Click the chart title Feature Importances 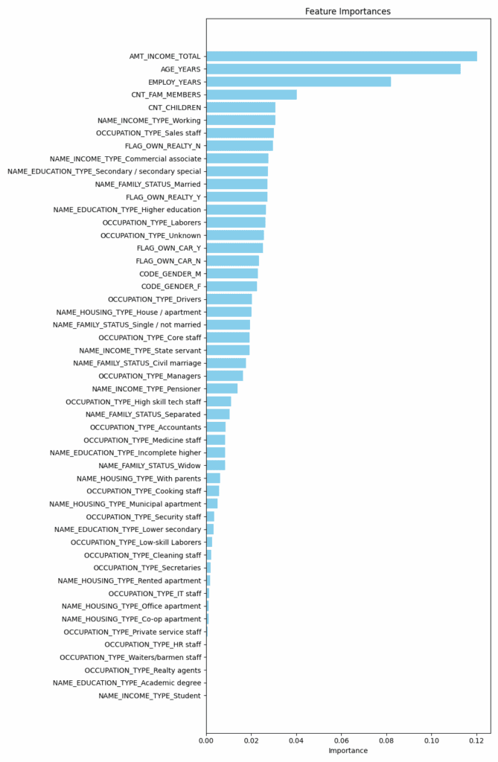coord(348,11)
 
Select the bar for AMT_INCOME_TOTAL coord(341,57)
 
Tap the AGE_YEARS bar coord(333,69)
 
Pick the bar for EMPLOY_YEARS coord(298,82)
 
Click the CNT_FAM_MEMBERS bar coord(251,95)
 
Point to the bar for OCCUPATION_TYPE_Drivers coord(229,299)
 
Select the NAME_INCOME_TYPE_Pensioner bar coord(221,388)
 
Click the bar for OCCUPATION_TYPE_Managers coord(224,376)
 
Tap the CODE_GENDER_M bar coord(232,274)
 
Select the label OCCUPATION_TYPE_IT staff coord(155,594)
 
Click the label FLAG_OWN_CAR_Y coord(169,248)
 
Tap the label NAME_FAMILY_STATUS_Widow coord(150,465)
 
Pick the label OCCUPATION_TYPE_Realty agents coord(143,670)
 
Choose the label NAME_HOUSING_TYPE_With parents coord(139,478)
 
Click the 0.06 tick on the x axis coord(342,740)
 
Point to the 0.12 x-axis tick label coord(476,740)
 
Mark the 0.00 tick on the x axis coord(206,740)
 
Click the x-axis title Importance coord(348,751)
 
